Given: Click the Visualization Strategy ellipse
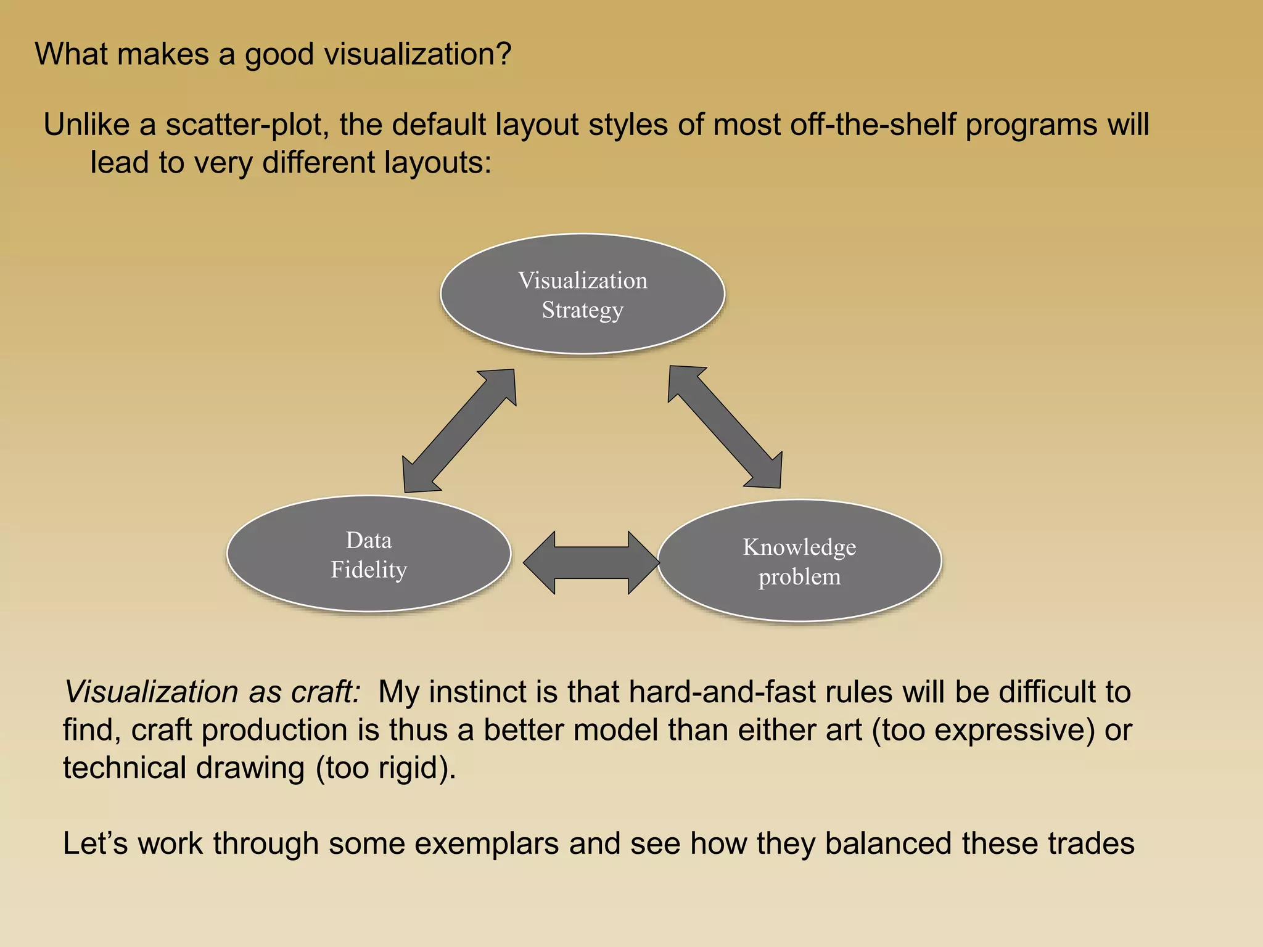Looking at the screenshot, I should pos(582,294).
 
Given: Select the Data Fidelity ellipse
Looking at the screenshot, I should pos(369,554).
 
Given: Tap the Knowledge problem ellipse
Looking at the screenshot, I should pos(799,561).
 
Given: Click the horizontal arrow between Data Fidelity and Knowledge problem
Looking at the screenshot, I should pos(591,562).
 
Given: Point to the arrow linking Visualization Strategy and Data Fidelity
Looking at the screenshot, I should pos(459,431).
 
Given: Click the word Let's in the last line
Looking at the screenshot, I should pos(95,843).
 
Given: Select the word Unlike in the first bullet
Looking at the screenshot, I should pos(86,125).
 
